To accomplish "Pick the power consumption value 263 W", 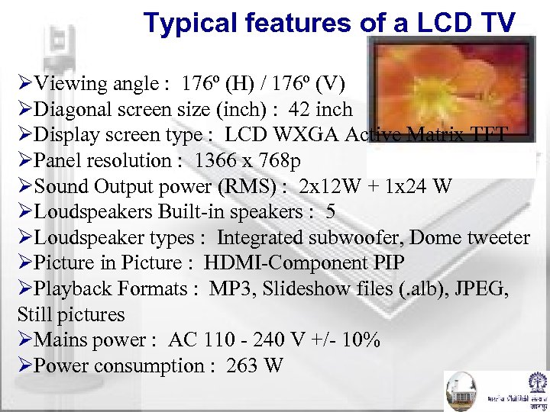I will pos(254,366).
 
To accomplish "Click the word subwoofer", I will pos(358,238).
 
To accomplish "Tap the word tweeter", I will pos(499,238).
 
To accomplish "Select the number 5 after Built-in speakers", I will pos(330,212).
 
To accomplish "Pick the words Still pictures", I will pos(70,314).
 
